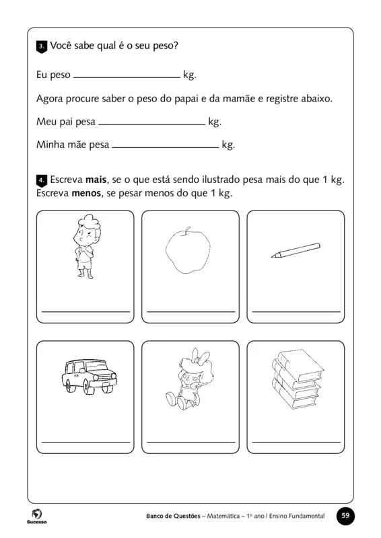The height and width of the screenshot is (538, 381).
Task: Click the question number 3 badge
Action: tap(41, 46)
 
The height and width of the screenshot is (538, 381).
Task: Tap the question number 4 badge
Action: tap(41, 181)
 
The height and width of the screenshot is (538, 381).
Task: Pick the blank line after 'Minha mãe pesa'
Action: tap(165, 147)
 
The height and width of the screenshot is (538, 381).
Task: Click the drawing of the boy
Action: tap(85, 245)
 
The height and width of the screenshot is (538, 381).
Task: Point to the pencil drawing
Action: tap(294, 250)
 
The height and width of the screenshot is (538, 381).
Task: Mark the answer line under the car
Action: tap(85, 441)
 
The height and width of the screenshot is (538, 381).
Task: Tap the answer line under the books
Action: tap(296, 441)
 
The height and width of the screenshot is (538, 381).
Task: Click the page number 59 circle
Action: tap(345, 516)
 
